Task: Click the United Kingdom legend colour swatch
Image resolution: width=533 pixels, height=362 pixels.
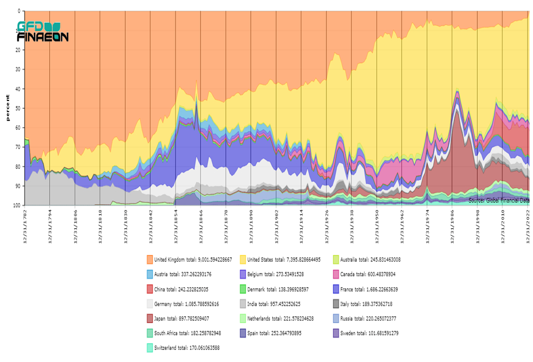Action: click(150, 259)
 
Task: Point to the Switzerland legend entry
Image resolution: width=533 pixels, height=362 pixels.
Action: click(187, 347)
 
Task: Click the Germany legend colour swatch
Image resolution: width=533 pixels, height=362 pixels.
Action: click(150, 304)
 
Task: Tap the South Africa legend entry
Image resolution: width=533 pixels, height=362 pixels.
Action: click(188, 333)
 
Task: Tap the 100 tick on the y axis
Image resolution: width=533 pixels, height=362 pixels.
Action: click(16, 205)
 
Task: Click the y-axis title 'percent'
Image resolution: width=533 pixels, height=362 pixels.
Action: click(8, 108)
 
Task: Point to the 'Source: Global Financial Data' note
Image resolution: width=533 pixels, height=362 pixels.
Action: click(499, 201)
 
